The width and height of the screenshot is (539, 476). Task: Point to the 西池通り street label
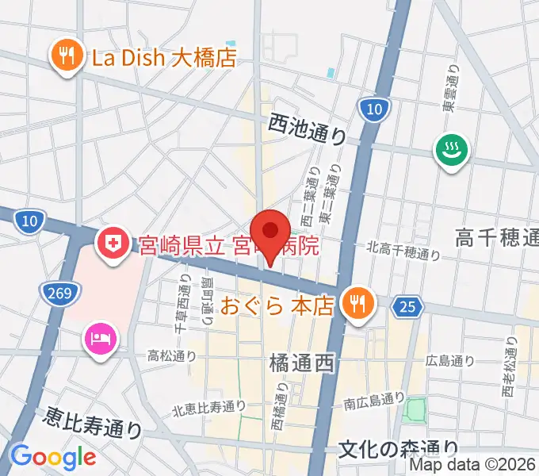coord(308,126)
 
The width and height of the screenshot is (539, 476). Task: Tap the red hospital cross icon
coord(113,243)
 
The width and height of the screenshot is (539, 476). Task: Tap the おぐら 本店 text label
coord(277,305)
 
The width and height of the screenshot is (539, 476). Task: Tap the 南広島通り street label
coord(375,403)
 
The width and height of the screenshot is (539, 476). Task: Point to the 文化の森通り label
coord(398,449)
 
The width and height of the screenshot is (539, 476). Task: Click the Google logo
coord(53,457)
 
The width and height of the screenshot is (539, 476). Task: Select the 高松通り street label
coord(172,355)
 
